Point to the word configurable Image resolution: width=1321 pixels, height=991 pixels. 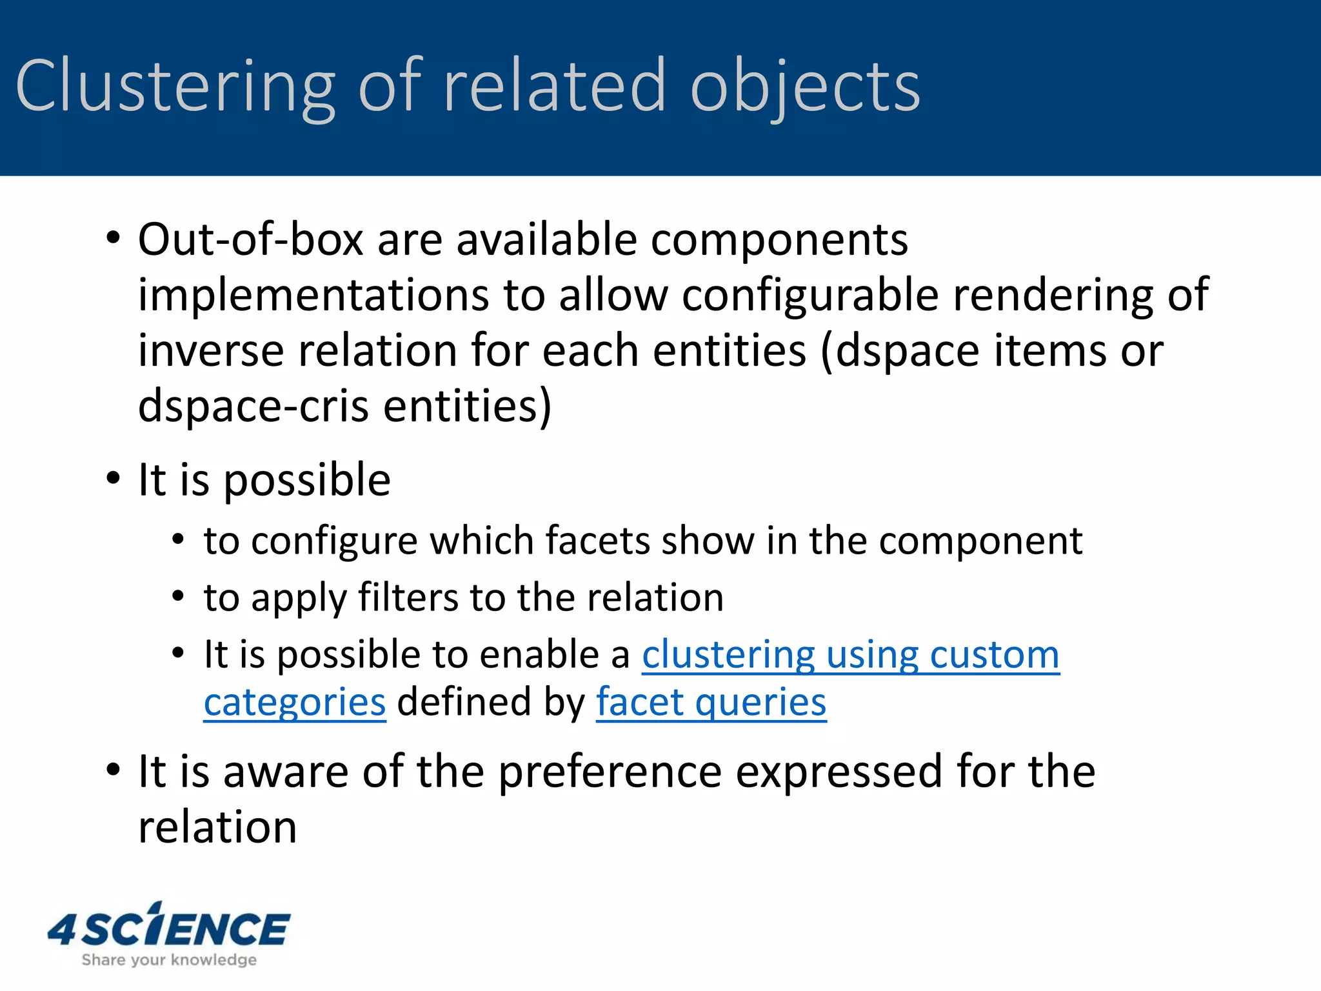pos(810,295)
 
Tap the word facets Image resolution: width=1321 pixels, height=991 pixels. pos(597,541)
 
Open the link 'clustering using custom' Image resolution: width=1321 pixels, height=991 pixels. pos(850,656)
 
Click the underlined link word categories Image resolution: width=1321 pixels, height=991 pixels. pos(295,703)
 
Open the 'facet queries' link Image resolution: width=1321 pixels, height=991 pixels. pos(711,703)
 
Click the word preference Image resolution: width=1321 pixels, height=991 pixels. pos(610,772)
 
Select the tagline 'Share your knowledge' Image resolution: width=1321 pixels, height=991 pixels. pos(169,960)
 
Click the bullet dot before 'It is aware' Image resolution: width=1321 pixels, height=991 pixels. pos(114,770)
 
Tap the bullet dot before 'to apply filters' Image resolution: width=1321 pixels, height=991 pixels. pos(179,596)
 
